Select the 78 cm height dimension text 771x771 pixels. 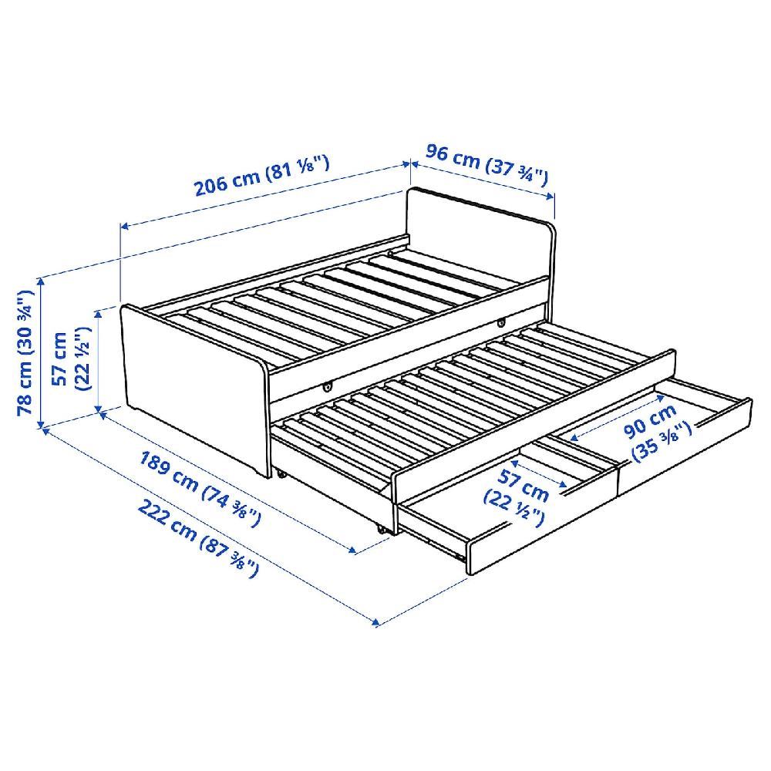point(26,352)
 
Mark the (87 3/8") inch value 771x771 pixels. point(231,560)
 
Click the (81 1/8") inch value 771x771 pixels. point(298,167)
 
